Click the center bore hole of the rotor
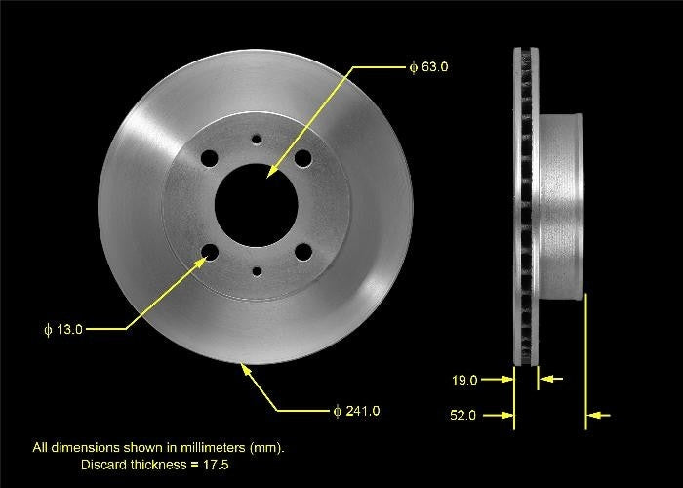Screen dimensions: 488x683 (256, 205)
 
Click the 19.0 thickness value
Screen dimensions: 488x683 (465, 380)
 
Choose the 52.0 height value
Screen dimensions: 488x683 (464, 416)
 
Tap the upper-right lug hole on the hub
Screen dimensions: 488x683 (302, 158)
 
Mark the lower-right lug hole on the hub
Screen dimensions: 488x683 (302, 253)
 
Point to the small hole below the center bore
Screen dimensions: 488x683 (256, 271)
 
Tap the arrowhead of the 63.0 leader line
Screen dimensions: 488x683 (267, 174)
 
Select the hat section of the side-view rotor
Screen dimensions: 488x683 (560, 205)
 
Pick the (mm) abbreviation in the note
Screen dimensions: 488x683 (269, 447)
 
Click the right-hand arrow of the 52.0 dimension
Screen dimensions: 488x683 (601, 416)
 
